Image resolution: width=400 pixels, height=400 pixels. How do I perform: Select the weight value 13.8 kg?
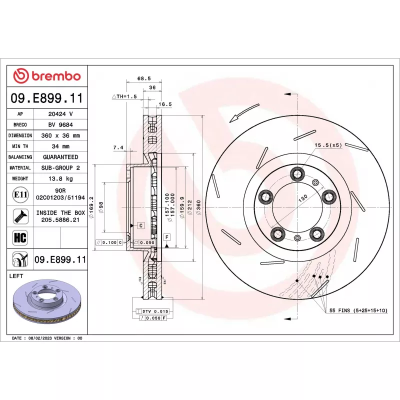pos(60,178)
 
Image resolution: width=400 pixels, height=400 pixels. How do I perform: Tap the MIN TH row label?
pos(20,146)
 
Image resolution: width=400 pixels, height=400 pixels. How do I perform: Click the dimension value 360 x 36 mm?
pos(60,135)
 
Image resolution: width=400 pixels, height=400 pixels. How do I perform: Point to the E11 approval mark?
pos(20,194)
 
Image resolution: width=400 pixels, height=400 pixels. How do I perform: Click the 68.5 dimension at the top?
pos(144,78)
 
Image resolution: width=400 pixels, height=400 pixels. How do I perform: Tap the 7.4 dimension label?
pos(118,147)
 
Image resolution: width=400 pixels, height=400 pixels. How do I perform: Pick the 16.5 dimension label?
pos(164,104)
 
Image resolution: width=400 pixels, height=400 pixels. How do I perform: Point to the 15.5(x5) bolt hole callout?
pos(327,145)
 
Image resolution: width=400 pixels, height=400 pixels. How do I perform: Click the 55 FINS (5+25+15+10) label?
pos(358,310)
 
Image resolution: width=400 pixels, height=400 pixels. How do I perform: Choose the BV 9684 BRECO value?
pos(60,124)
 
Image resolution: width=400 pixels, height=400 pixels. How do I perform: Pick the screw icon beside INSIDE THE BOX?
pos(20,216)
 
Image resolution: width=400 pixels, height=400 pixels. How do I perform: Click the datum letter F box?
pos(166,236)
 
